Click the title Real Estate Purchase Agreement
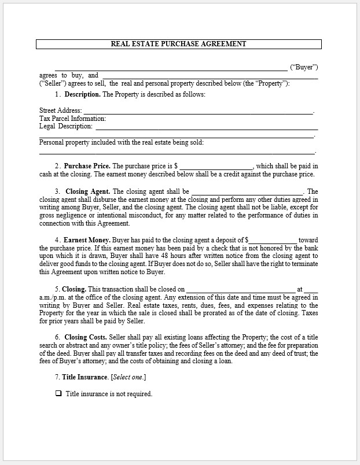178,44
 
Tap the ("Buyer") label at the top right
303,67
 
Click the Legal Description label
66,126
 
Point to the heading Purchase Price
87,166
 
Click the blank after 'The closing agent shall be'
247,192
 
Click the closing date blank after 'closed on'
240,289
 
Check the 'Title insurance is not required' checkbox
58,394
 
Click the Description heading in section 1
82,94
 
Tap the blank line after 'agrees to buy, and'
210,76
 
